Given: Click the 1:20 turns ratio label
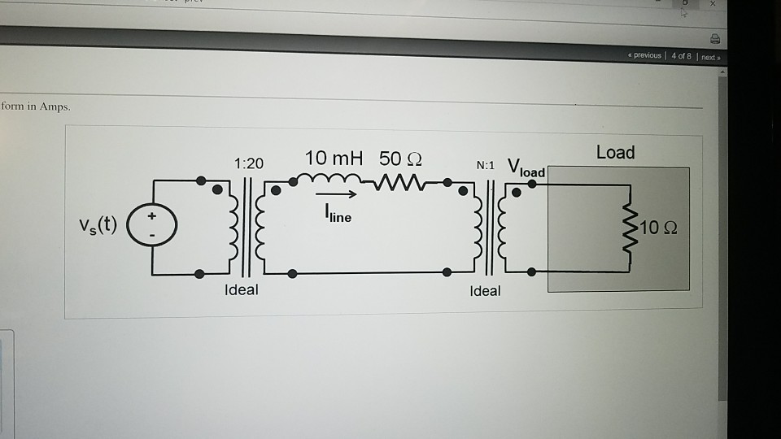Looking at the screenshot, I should click(x=248, y=163).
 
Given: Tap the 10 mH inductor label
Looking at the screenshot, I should click(x=334, y=158).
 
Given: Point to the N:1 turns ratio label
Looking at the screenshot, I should click(x=486, y=165).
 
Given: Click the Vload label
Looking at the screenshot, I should click(x=526, y=168).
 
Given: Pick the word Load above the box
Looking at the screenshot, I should click(x=615, y=152).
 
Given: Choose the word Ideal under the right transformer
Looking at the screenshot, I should click(x=486, y=290).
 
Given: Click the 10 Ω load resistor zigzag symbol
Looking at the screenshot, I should click(x=627, y=228).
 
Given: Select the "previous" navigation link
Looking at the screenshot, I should click(x=645, y=56).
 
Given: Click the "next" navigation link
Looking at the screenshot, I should click(x=709, y=57).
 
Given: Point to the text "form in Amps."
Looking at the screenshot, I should click(x=36, y=106).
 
